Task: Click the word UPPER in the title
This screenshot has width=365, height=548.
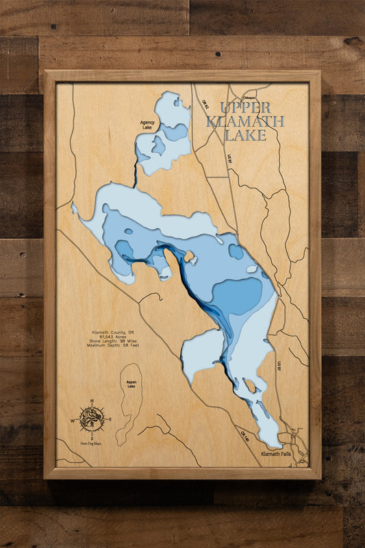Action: click(x=245, y=108)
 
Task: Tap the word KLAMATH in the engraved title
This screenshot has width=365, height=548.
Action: click(x=245, y=121)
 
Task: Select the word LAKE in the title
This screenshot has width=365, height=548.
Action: click(x=245, y=135)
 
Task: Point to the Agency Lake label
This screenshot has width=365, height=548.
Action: click(x=148, y=125)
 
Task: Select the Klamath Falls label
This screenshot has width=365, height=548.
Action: click(x=277, y=453)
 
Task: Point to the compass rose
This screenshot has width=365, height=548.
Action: click(x=92, y=418)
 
